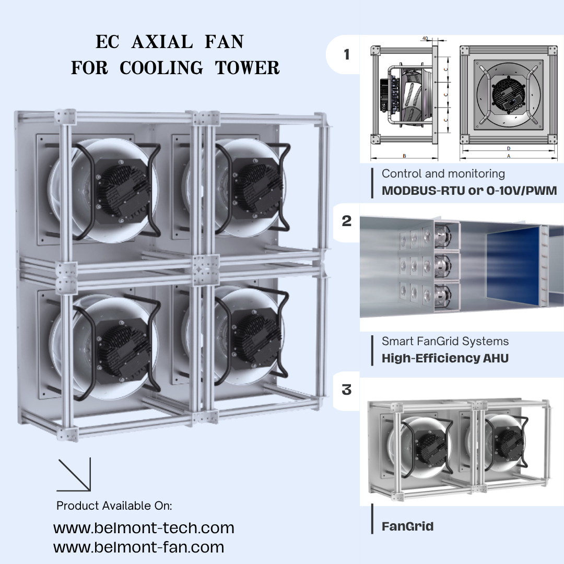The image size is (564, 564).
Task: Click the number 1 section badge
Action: point(347,54)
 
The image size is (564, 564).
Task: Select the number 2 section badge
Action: point(347,221)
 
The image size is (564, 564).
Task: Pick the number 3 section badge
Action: point(347,390)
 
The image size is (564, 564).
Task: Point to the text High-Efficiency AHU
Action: point(445,358)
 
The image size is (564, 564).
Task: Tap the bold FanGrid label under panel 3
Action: point(407,526)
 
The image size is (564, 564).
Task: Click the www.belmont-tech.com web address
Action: point(144,528)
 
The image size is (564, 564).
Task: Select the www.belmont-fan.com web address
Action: point(138,547)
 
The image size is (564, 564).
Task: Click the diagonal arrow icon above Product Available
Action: point(74,475)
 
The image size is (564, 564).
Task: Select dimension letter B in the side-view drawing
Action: point(404,156)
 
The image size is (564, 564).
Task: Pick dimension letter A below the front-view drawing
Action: point(508,156)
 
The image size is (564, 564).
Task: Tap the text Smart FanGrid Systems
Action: point(445,342)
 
